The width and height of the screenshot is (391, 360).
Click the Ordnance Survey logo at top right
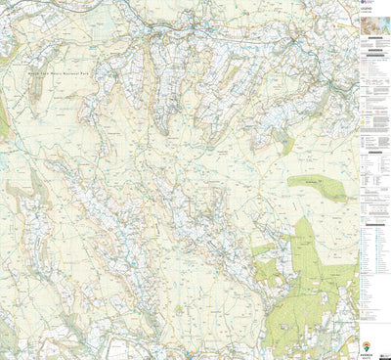[x=361, y=5]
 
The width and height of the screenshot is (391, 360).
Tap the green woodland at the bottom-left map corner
[x=8, y=337]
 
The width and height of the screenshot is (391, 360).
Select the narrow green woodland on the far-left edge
[x=3, y=117]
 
